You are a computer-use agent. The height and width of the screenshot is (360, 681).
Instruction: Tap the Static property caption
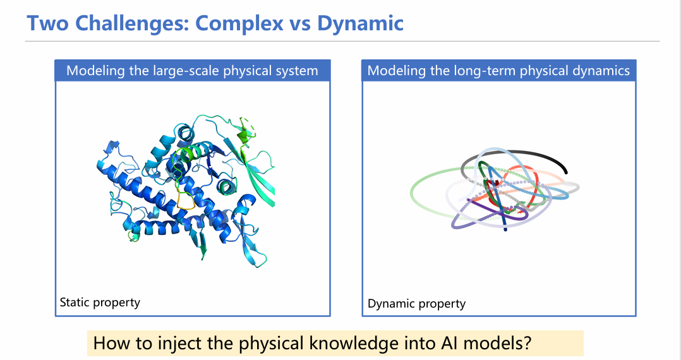click(x=100, y=303)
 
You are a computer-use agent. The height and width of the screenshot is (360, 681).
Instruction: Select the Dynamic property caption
click(x=416, y=304)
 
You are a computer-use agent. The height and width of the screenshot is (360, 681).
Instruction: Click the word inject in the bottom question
click(x=179, y=343)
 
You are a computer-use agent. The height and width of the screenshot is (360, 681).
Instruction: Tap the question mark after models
click(x=527, y=343)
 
